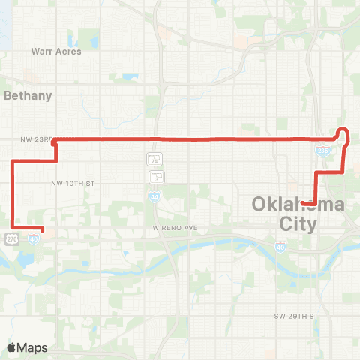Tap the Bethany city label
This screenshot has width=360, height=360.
point(28,95)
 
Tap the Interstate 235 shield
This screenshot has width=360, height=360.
point(322,151)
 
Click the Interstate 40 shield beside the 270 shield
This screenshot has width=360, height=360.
point(34,238)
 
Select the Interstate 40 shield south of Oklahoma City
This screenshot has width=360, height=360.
point(279,245)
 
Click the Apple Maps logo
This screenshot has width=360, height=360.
point(28,347)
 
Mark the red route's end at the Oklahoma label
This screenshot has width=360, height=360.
point(301,202)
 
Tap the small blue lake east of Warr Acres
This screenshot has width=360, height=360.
point(131,76)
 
